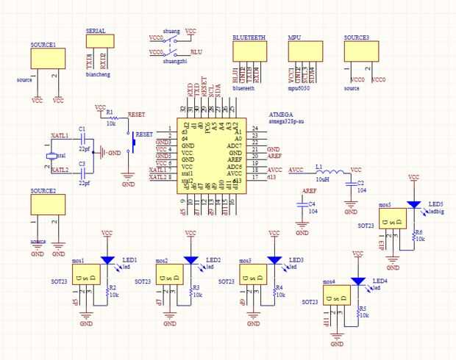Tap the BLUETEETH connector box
pos(248,51)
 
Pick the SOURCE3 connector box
pos(360,51)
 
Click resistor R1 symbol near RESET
pos(113,118)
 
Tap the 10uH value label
pos(321,179)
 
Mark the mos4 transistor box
pos(335,294)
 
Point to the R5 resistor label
pos(362,309)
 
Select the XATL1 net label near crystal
pos(60,136)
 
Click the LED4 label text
pos(380,281)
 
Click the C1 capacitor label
pos(82,129)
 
